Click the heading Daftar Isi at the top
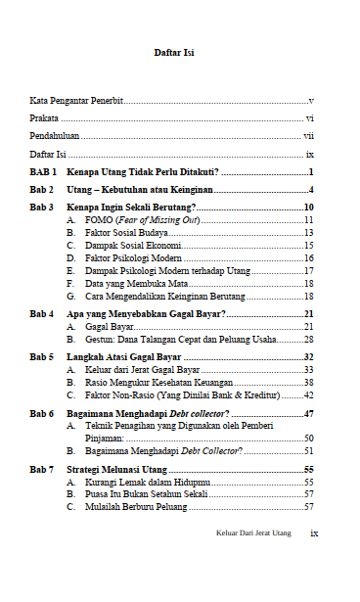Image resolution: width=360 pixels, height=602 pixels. (175, 53)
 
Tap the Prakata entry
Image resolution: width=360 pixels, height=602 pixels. (44, 118)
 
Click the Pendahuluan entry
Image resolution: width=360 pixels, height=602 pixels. (54, 136)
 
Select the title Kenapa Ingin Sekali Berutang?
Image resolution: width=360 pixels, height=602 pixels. (131, 208)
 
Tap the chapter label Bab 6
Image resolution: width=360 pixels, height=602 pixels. (42, 414)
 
